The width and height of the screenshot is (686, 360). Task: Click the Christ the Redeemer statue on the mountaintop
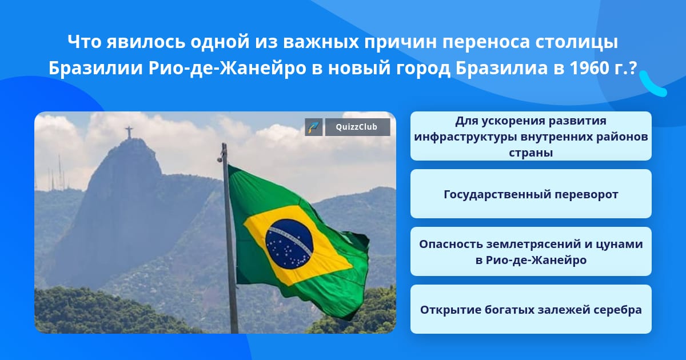(129, 132)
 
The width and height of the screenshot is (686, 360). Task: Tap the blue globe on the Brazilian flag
(289, 244)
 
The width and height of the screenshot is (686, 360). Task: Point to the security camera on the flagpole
(220, 159)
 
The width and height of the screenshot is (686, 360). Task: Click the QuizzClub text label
(357, 127)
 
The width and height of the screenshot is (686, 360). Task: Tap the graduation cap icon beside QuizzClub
(314, 127)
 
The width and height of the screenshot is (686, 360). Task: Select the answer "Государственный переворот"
(531, 194)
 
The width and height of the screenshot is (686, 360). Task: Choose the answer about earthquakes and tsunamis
(531, 251)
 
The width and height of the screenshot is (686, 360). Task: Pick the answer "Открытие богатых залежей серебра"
(531, 309)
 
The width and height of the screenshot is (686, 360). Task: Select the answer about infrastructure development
(531, 136)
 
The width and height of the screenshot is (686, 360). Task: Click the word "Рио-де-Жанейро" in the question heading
(228, 68)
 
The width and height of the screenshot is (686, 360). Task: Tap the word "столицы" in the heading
(576, 42)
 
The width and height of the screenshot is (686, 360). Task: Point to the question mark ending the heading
(633, 67)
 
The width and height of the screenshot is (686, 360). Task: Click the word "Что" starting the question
(85, 42)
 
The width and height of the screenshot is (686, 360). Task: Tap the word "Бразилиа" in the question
(501, 68)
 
